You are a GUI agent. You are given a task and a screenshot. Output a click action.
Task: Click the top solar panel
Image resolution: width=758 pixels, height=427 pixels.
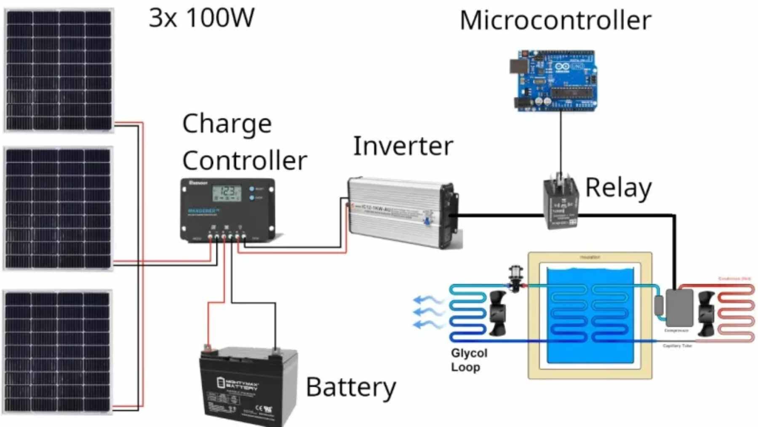[59, 70]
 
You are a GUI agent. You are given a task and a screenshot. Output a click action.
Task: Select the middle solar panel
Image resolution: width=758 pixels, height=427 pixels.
[59, 208]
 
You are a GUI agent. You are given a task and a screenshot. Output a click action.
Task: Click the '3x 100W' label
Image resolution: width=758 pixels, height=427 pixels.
[202, 18]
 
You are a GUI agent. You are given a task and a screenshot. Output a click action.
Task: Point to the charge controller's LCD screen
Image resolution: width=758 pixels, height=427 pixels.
[227, 194]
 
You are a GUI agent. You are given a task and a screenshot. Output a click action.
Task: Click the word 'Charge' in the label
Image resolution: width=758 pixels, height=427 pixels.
[227, 124]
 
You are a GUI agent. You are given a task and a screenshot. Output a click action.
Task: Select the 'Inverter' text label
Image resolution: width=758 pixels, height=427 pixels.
[403, 146]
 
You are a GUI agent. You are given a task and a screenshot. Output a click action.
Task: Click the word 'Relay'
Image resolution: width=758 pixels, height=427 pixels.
[618, 188]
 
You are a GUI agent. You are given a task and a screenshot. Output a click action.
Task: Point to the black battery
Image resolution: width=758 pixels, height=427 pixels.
[248, 386]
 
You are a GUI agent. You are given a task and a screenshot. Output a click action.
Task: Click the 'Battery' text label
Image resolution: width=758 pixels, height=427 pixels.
[351, 387]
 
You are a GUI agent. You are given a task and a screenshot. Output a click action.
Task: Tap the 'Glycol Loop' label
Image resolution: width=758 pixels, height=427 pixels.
[468, 360]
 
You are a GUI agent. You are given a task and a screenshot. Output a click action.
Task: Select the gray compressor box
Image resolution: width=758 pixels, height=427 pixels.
[679, 308]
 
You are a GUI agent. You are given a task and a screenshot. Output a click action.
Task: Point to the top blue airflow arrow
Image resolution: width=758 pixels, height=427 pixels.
[427, 300]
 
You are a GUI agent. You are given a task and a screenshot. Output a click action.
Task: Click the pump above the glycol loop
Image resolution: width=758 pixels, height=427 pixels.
[515, 278]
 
